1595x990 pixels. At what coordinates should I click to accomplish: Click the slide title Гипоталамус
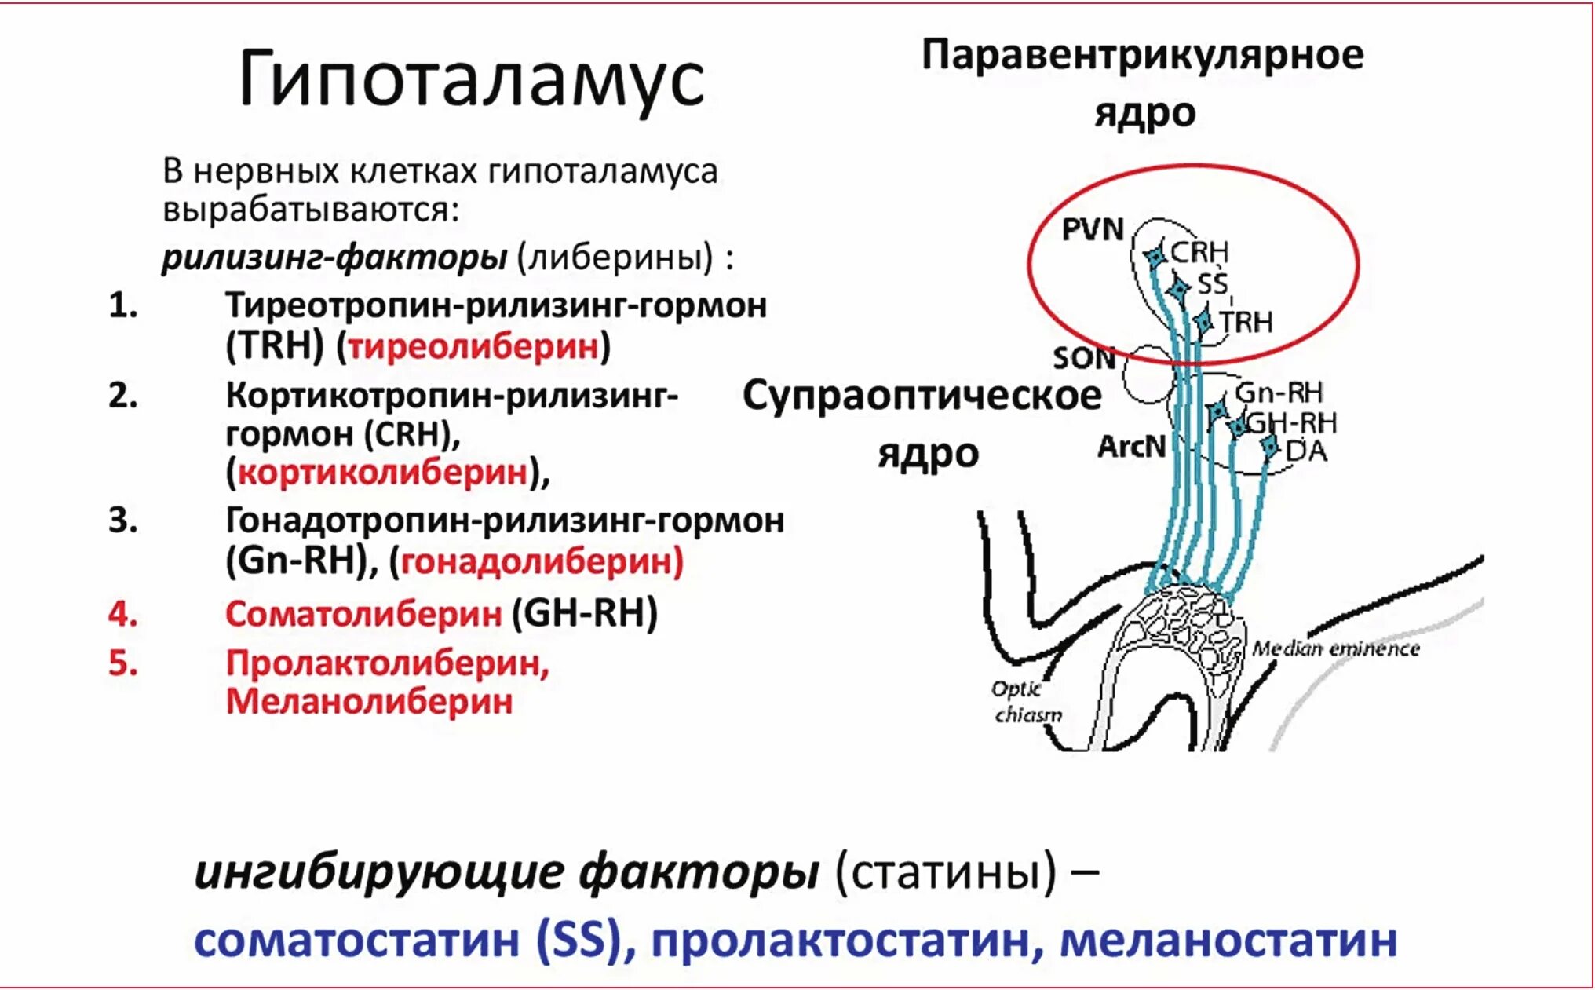click(x=471, y=79)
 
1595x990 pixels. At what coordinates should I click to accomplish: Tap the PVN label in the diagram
click(x=1093, y=229)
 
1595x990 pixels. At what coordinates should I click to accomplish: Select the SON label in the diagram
click(x=1084, y=359)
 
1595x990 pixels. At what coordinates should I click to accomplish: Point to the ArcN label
click(x=1131, y=447)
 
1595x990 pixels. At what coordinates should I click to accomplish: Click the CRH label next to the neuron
click(x=1199, y=253)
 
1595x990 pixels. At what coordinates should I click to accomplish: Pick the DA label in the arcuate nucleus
click(x=1306, y=451)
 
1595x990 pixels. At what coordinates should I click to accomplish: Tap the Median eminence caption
click(x=1335, y=648)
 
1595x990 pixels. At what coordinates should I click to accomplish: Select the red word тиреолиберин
click(x=473, y=346)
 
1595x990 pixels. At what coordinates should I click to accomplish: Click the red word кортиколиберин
click(x=383, y=473)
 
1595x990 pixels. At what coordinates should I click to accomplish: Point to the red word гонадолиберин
click(x=542, y=561)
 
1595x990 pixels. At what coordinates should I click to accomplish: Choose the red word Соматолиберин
click(x=363, y=614)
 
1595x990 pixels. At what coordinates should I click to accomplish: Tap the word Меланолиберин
click(x=369, y=701)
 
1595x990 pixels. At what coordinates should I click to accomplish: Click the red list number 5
click(x=123, y=663)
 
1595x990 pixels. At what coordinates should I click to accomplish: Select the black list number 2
click(x=123, y=396)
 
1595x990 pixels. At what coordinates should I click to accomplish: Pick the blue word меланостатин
click(x=1228, y=941)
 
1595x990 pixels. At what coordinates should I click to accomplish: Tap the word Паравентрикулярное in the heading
click(x=1142, y=56)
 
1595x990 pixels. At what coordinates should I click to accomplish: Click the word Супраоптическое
click(x=922, y=396)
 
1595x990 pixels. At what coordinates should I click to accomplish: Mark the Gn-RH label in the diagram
click(x=1279, y=392)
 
